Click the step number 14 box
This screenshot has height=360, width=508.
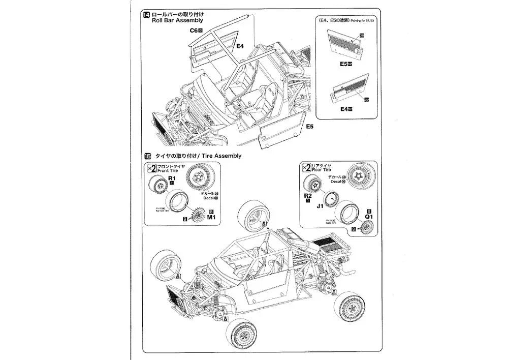(x=146, y=14)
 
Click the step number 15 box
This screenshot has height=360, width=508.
(x=146, y=156)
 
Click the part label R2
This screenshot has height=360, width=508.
(x=307, y=195)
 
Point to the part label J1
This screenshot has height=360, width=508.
(x=320, y=206)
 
